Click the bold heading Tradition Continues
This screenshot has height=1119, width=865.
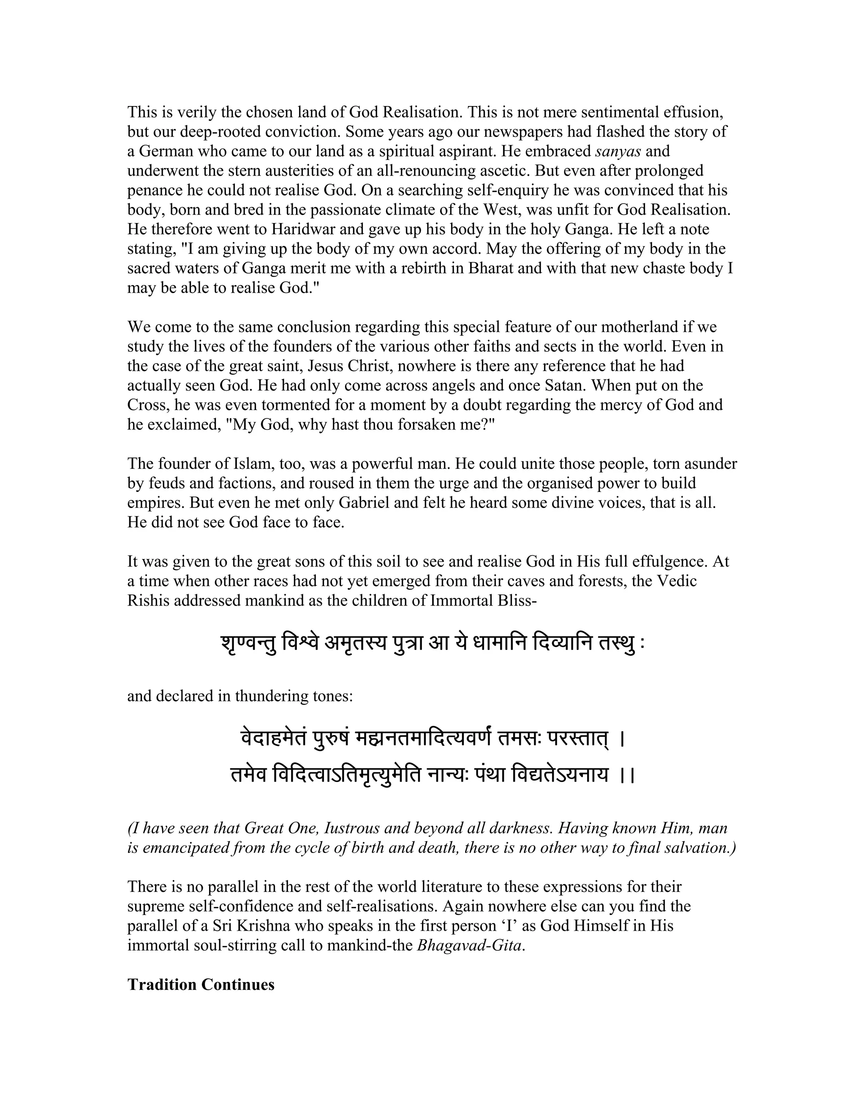click(x=201, y=985)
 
